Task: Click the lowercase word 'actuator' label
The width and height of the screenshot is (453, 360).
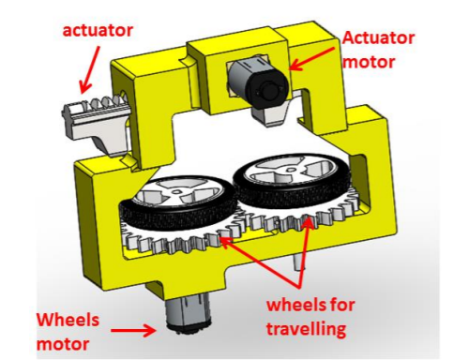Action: (x=98, y=31)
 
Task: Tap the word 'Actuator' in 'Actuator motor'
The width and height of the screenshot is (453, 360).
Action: (x=378, y=38)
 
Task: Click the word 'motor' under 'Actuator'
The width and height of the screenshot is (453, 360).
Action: (x=369, y=62)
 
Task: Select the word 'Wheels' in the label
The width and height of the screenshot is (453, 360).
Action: (x=68, y=320)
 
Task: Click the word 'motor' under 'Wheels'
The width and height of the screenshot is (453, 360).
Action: (x=63, y=344)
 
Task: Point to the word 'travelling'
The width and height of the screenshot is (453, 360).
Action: (x=306, y=329)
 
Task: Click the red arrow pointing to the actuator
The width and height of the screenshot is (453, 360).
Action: (x=90, y=69)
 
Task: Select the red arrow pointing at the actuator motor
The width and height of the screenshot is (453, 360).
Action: (x=313, y=59)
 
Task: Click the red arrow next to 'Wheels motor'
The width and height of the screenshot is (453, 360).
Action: (x=133, y=330)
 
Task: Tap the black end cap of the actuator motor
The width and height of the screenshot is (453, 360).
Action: (x=267, y=87)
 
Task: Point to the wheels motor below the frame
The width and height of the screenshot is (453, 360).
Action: (x=189, y=314)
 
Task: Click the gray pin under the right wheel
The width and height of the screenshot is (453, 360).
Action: (x=298, y=262)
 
